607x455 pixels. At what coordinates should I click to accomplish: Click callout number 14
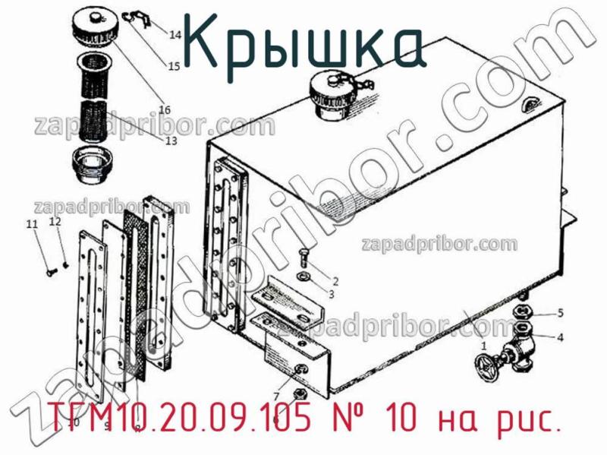click(x=175, y=34)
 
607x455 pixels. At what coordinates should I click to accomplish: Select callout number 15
click(x=174, y=66)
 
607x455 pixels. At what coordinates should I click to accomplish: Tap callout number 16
click(x=164, y=108)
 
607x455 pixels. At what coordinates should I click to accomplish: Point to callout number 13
click(x=170, y=141)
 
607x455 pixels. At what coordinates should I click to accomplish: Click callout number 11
click(x=30, y=224)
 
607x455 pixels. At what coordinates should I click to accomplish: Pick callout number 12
click(x=55, y=222)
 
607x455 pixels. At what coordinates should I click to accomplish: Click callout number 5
click(x=560, y=312)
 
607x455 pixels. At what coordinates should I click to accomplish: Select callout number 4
click(x=560, y=337)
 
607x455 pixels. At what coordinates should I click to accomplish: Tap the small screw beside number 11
click(x=50, y=267)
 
